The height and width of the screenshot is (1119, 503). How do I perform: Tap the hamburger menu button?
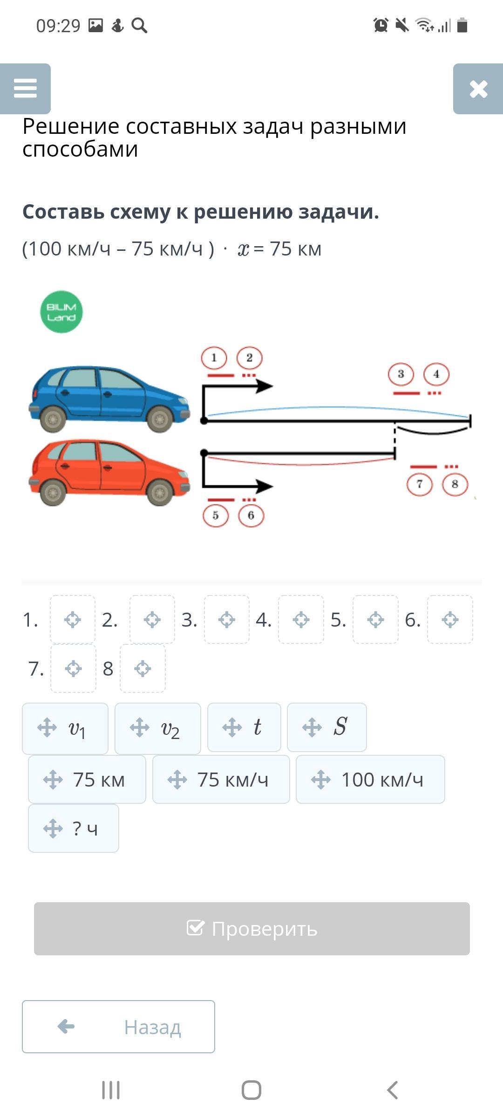(25, 89)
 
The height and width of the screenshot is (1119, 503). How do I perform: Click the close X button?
(478, 89)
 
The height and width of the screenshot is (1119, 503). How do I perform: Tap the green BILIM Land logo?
(61, 312)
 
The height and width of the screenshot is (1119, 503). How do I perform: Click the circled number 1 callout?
(214, 358)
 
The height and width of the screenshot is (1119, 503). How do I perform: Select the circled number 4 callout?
(436, 374)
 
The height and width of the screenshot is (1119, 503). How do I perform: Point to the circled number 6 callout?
(251, 515)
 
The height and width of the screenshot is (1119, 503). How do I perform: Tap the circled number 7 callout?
(420, 484)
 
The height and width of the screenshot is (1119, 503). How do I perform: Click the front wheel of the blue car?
(160, 419)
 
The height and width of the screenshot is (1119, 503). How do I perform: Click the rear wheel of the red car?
(53, 492)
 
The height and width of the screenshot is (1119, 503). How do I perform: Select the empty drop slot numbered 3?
(227, 620)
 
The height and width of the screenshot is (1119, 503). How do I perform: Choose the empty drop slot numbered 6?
(450, 620)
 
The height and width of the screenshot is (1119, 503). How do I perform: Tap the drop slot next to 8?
(143, 669)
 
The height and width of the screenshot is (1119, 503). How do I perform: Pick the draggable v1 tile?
(65, 728)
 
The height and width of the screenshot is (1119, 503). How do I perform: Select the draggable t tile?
(244, 727)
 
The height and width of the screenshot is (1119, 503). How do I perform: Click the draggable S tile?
(327, 727)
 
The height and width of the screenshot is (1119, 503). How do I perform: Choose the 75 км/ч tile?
(221, 780)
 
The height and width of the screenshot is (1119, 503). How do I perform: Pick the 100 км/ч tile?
(370, 780)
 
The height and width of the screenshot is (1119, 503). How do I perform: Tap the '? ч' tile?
(74, 829)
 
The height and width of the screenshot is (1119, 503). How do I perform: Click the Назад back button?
(118, 1027)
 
